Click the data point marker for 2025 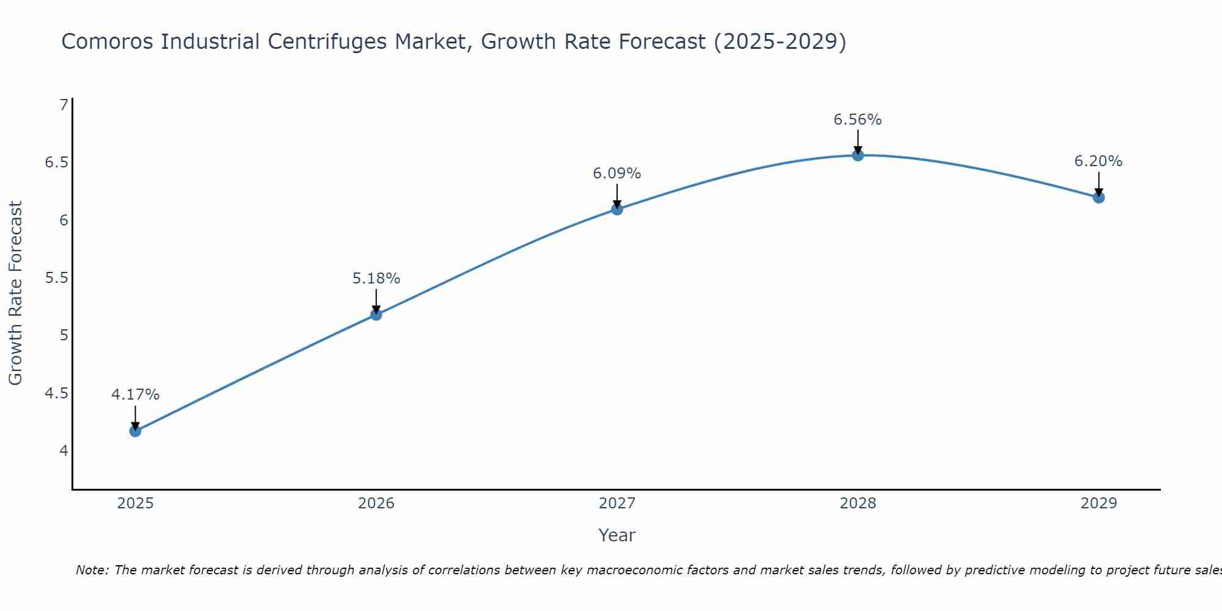click(x=135, y=431)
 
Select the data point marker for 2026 click(x=376, y=315)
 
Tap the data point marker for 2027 click(x=617, y=210)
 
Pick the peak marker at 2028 click(x=858, y=155)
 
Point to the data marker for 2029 click(x=1099, y=197)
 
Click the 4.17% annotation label click(x=135, y=395)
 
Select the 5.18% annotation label click(x=376, y=279)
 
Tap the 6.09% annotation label click(x=617, y=174)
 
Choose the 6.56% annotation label click(x=858, y=120)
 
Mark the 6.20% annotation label click(x=1099, y=161)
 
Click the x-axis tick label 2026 click(x=376, y=503)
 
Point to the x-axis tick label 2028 click(x=858, y=503)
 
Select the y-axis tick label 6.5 click(x=56, y=163)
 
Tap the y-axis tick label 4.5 click(x=56, y=393)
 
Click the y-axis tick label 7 click(x=64, y=105)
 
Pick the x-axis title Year click(x=617, y=535)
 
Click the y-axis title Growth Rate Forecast click(x=16, y=293)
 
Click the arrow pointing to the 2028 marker click(x=858, y=142)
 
